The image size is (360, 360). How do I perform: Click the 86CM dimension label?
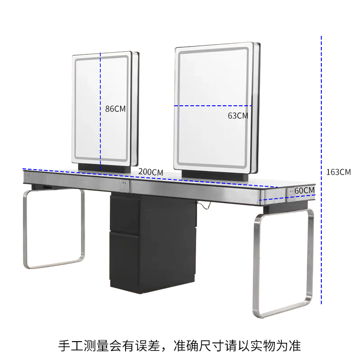pyautogui.click(x=115, y=109)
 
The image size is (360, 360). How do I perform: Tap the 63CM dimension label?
pyautogui.click(x=238, y=116)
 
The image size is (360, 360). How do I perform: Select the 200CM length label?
pyautogui.click(x=151, y=172)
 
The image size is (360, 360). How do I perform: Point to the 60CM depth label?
pyautogui.click(x=304, y=190)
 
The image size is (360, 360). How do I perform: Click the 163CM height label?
pyautogui.click(x=338, y=172)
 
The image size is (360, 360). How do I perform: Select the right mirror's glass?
pyautogui.click(x=211, y=81)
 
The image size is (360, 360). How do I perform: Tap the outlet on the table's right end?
pyautogui.click(x=292, y=191)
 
